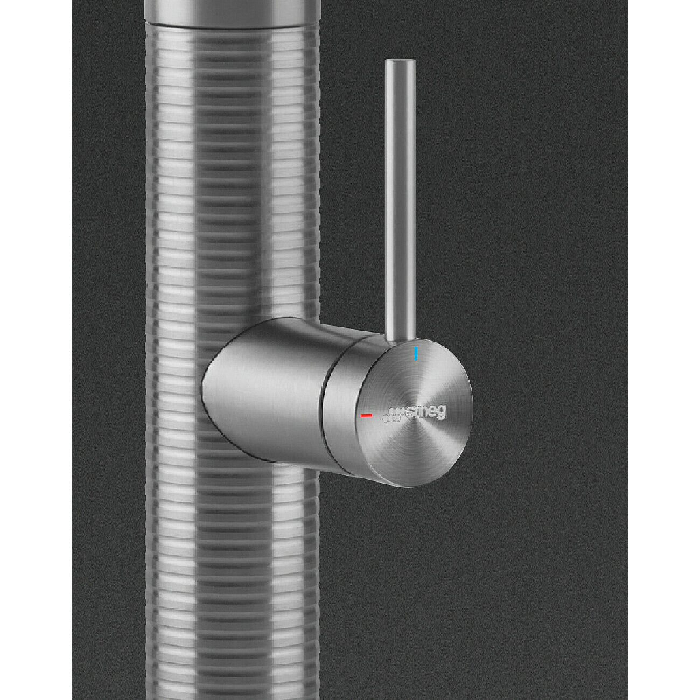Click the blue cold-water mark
coord(416,353)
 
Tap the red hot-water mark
coord(366,415)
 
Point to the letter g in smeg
coord(441,415)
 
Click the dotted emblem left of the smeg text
coord(393,416)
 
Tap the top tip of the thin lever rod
coord(400,60)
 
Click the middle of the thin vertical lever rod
coord(400,200)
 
